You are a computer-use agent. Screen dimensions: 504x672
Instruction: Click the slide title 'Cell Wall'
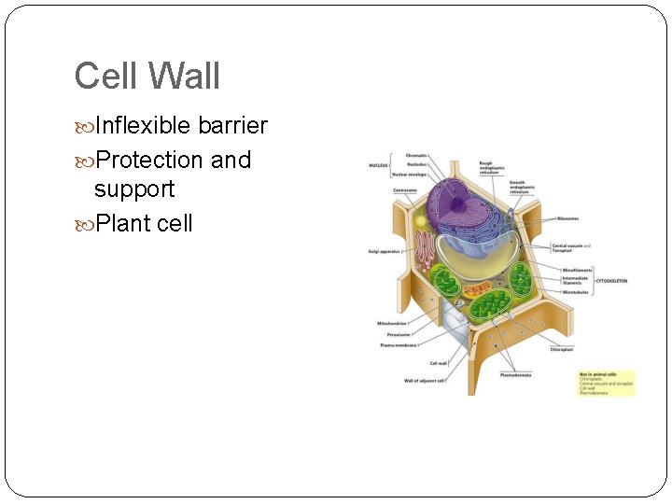click(x=147, y=76)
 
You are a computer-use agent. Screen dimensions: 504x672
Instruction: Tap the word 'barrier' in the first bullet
click(x=232, y=126)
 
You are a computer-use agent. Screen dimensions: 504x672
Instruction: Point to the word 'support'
click(x=133, y=189)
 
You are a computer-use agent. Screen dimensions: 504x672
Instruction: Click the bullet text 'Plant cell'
click(x=143, y=223)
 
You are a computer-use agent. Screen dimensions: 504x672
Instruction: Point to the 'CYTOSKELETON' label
click(x=611, y=280)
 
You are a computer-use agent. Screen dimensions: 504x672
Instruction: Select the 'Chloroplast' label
click(x=561, y=349)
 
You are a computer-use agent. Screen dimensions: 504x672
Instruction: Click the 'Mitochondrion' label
click(x=393, y=323)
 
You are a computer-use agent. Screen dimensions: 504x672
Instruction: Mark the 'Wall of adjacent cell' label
click(x=424, y=381)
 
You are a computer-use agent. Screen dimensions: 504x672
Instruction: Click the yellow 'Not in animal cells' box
click(x=607, y=382)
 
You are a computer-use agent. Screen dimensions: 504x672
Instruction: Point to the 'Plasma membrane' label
click(x=399, y=344)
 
